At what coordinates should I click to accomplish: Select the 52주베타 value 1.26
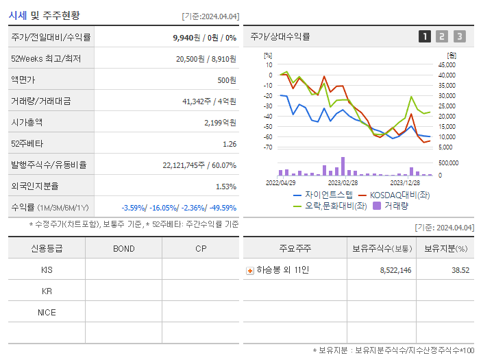pyautogui.click(x=230, y=144)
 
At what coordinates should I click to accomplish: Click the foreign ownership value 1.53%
pyautogui.click(x=225, y=186)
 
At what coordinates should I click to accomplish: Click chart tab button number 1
pyautogui.click(x=425, y=37)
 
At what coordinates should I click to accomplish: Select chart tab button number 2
pyautogui.click(x=442, y=37)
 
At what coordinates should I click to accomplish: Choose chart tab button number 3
pyautogui.click(x=459, y=37)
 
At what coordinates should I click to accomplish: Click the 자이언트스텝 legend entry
pyautogui.click(x=323, y=195)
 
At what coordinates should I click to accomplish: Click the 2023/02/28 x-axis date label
pyautogui.click(x=343, y=183)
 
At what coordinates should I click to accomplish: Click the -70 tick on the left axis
pyautogui.click(x=268, y=147)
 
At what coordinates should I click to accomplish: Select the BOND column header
pyautogui.click(x=123, y=248)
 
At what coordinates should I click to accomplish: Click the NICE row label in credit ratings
pyautogui.click(x=47, y=312)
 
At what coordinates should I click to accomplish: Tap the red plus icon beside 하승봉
pyautogui.click(x=250, y=271)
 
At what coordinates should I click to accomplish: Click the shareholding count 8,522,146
pyautogui.click(x=395, y=270)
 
